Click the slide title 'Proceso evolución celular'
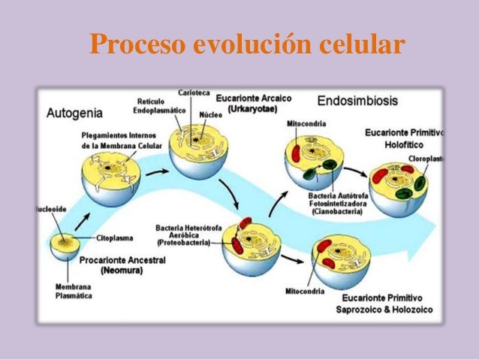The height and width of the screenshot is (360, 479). [x=247, y=44]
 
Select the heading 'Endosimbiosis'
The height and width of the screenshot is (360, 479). [x=358, y=100]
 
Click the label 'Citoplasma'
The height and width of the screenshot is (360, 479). [x=115, y=237]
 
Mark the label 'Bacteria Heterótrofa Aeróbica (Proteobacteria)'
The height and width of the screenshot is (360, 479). [x=183, y=234]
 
